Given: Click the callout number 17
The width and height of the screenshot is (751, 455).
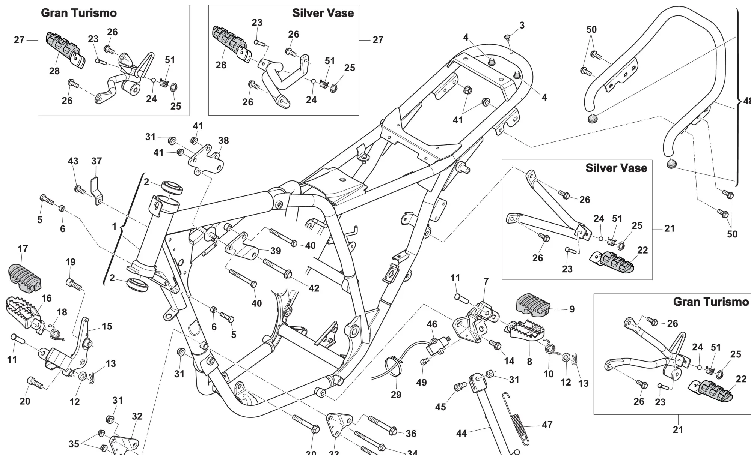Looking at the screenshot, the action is (23, 249).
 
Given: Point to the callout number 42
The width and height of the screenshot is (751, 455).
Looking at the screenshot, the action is (314, 288).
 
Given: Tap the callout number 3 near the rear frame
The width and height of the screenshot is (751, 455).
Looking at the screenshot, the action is (522, 25).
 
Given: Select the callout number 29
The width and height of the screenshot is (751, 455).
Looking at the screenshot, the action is (396, 395).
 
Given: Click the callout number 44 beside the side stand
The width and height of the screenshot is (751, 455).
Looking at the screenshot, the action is (461, 434).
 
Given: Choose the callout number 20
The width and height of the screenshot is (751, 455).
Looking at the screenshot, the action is (25, 401).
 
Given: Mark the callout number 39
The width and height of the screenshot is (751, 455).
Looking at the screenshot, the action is (276, 251).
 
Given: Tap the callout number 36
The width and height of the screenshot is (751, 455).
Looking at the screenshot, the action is (411, 434).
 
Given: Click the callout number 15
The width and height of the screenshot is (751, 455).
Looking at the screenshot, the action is (107, 326).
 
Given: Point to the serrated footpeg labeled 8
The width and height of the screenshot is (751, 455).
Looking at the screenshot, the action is (526, 330).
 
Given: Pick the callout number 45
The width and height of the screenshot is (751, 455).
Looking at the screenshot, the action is (440, 407).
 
